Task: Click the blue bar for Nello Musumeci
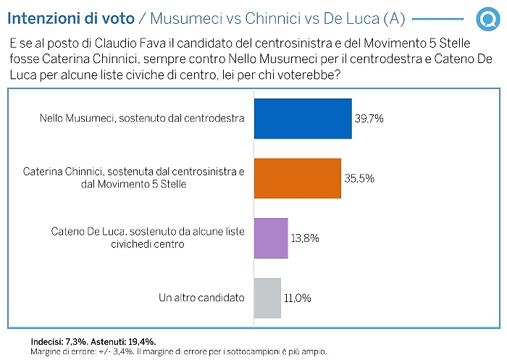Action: click(303, 118)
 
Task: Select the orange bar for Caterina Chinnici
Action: click(297, 178)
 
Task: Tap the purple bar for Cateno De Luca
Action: click(271, 238)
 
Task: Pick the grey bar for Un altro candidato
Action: click(267, 298)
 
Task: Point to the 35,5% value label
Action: click(359, 178)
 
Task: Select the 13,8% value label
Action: click(306, 238)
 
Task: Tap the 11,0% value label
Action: click(298, 298)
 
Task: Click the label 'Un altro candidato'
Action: click(201, 298)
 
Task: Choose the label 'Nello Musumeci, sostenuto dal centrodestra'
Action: click(141, 118)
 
